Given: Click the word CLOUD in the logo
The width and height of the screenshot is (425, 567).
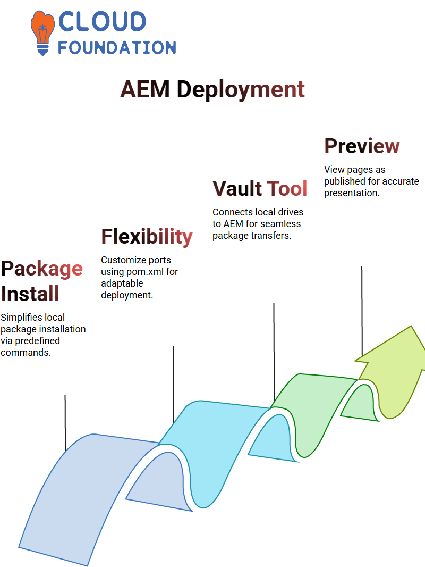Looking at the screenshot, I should tap(102, 22).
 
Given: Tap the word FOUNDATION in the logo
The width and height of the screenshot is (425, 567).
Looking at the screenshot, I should tap(117, 47).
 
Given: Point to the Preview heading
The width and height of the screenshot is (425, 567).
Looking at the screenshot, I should tap(362, 146).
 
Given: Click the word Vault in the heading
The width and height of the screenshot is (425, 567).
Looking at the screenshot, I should tap(237, 188).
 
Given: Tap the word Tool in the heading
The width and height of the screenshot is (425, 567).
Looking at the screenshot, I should tap(287, 188).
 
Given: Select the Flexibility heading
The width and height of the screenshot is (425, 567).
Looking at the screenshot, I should tap(147, 236).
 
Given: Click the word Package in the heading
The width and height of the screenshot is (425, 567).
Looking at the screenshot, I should tap(41, 268).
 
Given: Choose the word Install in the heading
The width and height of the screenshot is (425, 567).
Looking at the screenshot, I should tap(30, 294).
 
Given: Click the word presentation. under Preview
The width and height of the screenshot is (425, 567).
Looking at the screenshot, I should tap(351, 193).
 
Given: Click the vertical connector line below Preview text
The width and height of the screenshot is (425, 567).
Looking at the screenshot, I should tap(362, 308).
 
